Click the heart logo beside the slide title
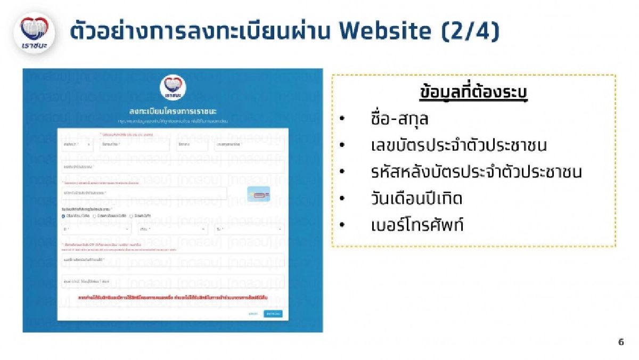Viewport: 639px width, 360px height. [x=34, y=32]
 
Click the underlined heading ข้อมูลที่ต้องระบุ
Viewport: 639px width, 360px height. [x=473, y=93]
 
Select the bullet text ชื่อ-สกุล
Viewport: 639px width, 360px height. [x=399, y=119]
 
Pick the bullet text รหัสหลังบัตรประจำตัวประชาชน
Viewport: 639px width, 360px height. [x=477, y=172]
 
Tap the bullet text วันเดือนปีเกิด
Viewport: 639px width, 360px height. [x=416, y=199]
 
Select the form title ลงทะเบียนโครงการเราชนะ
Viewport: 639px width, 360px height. [x=173, y=111]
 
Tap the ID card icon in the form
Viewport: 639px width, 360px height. [x=259, y=194]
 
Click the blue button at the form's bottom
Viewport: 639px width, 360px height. [x=273, y=314]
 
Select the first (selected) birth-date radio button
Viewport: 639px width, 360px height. [x=63, y=216]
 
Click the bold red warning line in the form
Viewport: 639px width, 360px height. [x=173, y=297]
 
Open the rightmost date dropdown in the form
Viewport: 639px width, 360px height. [x=248, y=230]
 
